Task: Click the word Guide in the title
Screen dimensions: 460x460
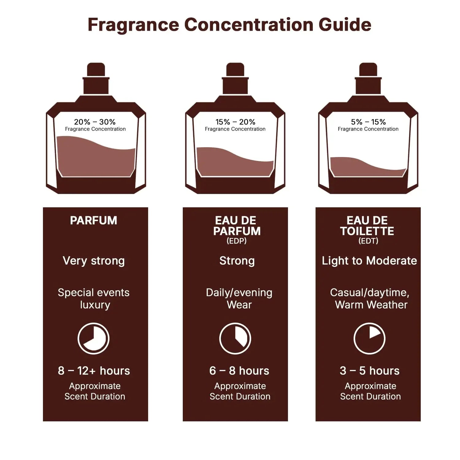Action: point(345,25)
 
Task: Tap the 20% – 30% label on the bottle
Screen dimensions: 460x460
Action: point(95,122)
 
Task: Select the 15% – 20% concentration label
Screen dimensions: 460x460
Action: point(235,122)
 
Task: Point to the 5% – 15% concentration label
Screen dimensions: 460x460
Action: point(368,122)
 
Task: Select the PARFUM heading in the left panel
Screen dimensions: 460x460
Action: point(94,220)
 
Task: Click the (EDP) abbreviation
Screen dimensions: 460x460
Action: point(236,241)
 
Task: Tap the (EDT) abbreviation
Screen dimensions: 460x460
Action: point(368,241)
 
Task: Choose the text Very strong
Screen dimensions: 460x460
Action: point(94,261)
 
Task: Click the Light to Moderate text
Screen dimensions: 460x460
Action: point(369,261)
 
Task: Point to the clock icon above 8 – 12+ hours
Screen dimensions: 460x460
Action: point(94,338)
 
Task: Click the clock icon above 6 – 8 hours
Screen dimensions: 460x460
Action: point(235,338)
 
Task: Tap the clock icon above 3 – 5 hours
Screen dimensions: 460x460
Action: point(369,338)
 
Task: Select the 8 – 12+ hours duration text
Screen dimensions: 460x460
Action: point(94,371)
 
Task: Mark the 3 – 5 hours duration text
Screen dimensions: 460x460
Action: point(370,371)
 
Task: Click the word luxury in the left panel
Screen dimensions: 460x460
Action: point(95,305)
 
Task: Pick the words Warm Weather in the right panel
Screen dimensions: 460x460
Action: point(371,305)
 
